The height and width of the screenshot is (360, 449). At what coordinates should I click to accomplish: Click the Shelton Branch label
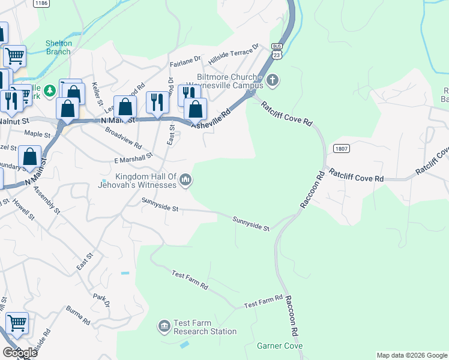pos(59,47)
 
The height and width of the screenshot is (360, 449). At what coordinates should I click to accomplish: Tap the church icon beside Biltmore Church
pos(273,80)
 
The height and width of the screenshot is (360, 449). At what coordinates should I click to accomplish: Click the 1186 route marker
pos(41,4)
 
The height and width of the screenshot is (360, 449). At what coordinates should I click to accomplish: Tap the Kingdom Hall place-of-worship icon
pos(186,179)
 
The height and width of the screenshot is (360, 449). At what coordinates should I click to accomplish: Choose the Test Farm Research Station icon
pos(164,326)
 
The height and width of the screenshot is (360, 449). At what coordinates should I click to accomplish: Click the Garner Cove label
pos(279,346)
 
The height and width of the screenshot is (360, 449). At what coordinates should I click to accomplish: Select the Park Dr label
pos(101,301)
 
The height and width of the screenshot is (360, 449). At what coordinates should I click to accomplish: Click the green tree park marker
pos(50,91)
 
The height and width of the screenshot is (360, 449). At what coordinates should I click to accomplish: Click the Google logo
pos(20,353)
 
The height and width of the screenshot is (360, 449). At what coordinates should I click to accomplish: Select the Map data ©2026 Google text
pos(411,355)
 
